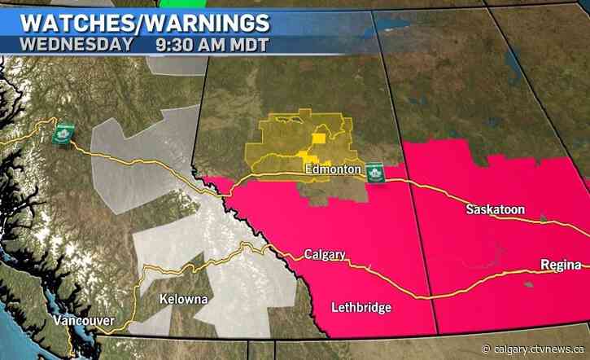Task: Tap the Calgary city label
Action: point(326,253)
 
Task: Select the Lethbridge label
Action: point(361,307)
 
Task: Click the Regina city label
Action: point(561,265)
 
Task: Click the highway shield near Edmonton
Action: point(375,172)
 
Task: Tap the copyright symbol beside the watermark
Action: point(486,349)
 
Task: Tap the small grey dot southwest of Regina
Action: point(530,284)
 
